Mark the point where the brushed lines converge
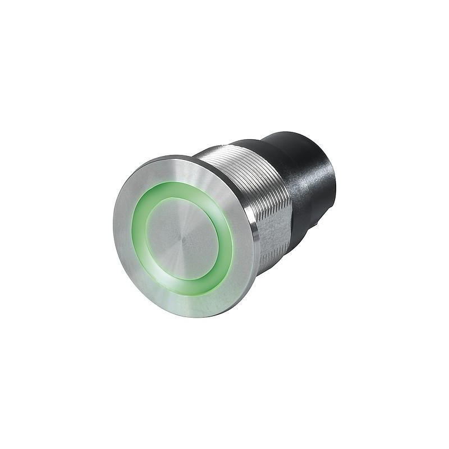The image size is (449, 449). pos(182,239)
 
